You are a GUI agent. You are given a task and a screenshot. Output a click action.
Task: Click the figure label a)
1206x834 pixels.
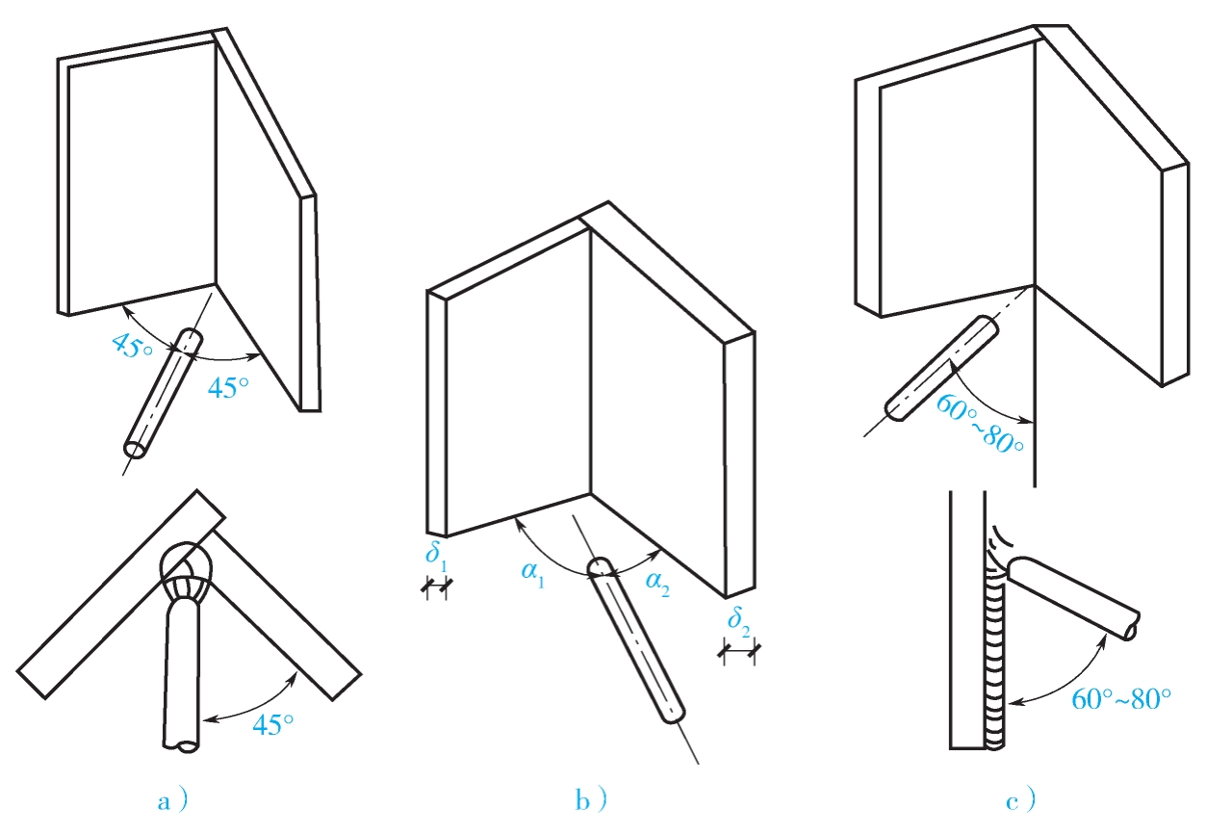pyautogui.click(x=172, y=801)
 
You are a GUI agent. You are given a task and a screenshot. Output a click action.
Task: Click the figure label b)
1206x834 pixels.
pyautogui.click(x=591, y=800)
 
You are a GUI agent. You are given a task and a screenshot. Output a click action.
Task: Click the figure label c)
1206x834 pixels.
pyautogui.click(x=1020, y=801)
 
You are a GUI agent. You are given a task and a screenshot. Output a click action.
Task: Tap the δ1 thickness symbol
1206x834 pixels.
pyautogui.click(x=436, y=555)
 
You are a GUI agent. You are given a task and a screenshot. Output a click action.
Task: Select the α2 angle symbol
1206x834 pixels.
pyautogui.click(x=657, y=584)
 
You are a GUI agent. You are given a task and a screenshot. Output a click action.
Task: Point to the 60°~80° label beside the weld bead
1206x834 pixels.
pyautogui.click(x=1121, y=699)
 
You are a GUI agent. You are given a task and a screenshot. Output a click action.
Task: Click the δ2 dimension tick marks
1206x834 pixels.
pyautogui.click(x=739, y=652)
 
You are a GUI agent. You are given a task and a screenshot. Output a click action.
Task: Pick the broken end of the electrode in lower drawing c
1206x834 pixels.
pyautogui.click(x=1132, y=626)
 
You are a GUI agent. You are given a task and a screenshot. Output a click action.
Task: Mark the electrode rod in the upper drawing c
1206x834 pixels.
pyautogui.click(x=941, y=369)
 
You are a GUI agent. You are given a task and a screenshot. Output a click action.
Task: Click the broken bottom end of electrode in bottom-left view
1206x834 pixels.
pyautogui.click(x=181, y=745)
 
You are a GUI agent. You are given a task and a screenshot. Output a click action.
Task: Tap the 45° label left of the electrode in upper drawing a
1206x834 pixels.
pyautogui.click(x=132, y=345)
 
